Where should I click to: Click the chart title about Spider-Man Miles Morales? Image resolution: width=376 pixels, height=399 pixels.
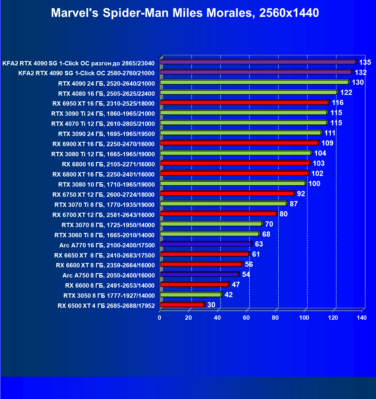[185, 13]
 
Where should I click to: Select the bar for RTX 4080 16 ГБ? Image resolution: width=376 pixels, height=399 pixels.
[248, 92]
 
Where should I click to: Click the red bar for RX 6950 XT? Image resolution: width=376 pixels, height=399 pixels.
[244, 102]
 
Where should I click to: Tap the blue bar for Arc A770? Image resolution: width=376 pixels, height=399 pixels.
[206, 244]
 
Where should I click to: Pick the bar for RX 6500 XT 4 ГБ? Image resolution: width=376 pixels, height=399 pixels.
[182, 305]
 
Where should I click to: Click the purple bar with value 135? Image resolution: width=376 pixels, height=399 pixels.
[258, 62]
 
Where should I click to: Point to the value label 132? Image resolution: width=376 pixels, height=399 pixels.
[361, 72]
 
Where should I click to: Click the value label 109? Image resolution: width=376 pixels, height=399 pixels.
[327, 143]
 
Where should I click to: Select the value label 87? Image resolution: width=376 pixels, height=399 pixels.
[294, 204]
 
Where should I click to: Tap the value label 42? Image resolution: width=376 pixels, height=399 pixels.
[228, 295]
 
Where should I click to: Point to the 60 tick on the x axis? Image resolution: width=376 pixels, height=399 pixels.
[246, 318]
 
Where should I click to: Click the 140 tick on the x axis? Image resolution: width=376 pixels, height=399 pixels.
[362, 318]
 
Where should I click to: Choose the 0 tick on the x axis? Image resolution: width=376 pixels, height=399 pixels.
[159, 318]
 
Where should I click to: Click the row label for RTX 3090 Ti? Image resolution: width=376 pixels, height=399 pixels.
[103, 114]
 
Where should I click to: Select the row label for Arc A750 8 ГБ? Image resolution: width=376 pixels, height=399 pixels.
[109, 275]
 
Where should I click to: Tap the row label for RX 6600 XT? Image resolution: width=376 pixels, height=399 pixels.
[105, 265]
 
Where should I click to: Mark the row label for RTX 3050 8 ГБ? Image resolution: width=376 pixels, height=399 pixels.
[109, 296]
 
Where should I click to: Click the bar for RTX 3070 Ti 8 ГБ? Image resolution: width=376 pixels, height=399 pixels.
[223, 204]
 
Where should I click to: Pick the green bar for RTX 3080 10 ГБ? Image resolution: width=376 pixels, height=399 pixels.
[232, 183]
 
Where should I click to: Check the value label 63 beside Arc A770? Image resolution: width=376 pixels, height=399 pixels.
[259, 244]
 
